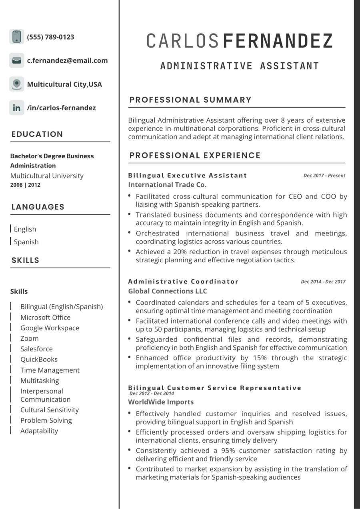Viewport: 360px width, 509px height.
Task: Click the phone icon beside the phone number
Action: (x=16, y=37)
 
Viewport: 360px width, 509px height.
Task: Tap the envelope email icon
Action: (x=16, y=60)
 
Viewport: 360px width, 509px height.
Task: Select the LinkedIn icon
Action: (x=16, y=108)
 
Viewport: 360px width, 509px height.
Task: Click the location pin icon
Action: (x=16, y=84)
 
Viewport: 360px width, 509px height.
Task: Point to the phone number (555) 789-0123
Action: (x=50, y=37)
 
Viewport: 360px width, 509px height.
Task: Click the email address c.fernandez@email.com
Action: (x=67, y=61)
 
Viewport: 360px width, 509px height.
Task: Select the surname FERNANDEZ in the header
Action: (x=278, y=41)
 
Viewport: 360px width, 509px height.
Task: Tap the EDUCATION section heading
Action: (x=37, y=134)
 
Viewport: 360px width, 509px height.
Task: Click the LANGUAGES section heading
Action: (x=38, y=207)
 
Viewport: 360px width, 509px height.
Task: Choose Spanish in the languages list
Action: (x=26, y=242)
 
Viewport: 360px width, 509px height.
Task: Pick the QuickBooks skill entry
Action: (x=39, y=359)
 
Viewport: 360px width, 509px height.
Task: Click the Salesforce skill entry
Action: (x=36, y=349)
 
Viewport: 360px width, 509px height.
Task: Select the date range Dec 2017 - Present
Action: (x=324, y=176)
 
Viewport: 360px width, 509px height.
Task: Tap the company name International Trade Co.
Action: (x=167, y=185)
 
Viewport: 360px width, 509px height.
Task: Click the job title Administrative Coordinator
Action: (x=183, y=281)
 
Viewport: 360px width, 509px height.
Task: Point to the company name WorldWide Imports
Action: (x=161, y=402)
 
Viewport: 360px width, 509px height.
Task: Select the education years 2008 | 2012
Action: (x=25, y=185)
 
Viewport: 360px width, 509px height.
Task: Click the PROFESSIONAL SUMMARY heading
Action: (x=190, y=100)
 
